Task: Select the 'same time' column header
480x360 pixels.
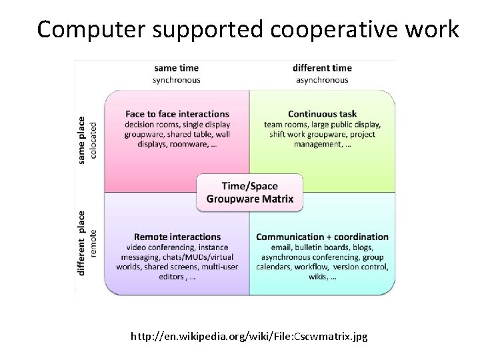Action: tap(176, 68)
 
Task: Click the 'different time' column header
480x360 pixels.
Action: tap(321, 68)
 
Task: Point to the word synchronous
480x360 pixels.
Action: tap(176, 80)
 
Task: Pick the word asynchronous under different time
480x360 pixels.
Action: tap(321, 80)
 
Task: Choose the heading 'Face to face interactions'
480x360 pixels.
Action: tap(176, 114)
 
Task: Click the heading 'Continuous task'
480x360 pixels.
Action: tap(321, 114)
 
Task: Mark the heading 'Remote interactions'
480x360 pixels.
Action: tap(177, 237)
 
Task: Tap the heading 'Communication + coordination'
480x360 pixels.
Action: tap(322, 237)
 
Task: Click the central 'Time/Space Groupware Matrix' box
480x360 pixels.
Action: tap(249, 193)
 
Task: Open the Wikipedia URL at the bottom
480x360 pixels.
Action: tap(249, 337)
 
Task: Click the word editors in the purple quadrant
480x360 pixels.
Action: tap(161, 277)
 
